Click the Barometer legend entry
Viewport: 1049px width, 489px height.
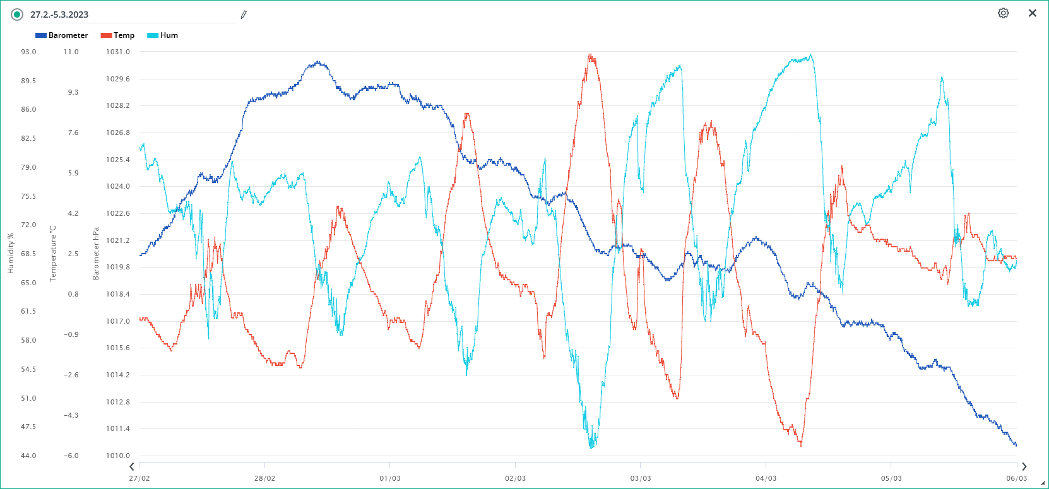point(62,35)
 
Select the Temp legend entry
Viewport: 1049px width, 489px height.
point(118,35)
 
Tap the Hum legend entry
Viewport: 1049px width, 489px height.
point(163,35)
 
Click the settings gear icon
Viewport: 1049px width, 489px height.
point(1003,13)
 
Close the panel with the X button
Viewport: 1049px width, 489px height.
point(1033,13)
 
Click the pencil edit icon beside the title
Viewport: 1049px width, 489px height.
point(244,15)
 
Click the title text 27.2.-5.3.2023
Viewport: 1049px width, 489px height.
point(59,15)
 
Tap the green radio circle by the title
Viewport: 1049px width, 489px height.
point(17,15)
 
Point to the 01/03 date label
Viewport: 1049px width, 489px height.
point(390,478)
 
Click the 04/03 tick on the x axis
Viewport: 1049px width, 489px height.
point(766,478)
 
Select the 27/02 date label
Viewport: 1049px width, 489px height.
point(139,478)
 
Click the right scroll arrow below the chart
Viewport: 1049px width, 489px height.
point(1024,467)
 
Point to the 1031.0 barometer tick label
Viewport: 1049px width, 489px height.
point(118,52)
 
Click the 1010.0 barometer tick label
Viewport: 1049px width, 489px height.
point(118,456)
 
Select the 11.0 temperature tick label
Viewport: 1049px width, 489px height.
point(71,52)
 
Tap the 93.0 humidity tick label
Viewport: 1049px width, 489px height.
point(28,52)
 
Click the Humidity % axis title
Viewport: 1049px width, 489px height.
point(10,254)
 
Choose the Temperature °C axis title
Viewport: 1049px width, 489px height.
point(53,254)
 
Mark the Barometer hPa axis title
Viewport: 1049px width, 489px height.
point(96,254)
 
